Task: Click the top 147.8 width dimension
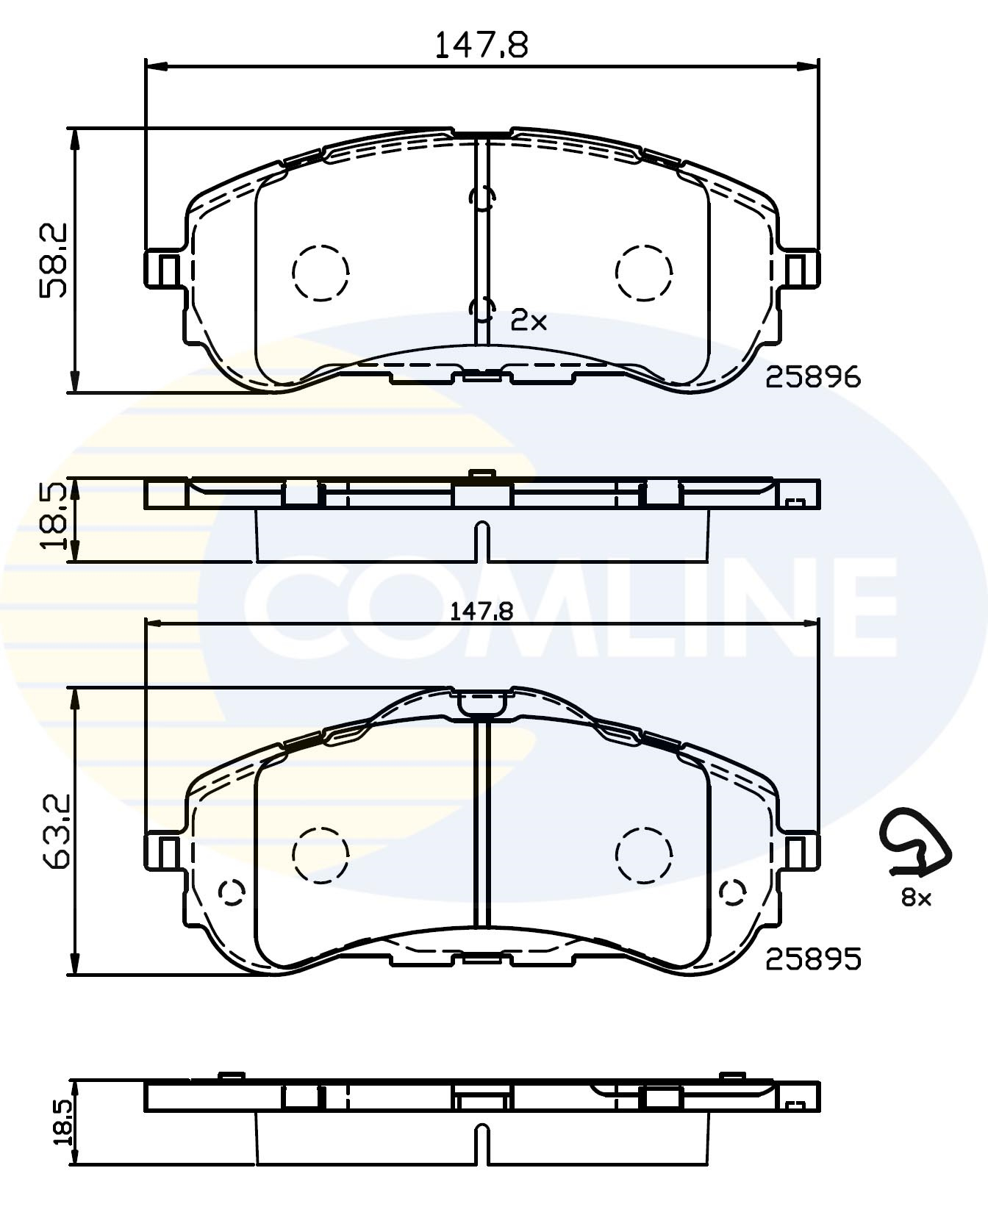coord(482,46)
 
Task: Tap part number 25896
coord(812,378)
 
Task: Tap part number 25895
coord(812,959)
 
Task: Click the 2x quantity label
coord(529,320)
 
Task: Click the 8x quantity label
coord(916,897)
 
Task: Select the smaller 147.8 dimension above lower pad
coord(482,612)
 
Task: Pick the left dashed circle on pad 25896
coord(321,273)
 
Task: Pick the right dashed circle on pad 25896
coord(644,273)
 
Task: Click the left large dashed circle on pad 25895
coord(321,854)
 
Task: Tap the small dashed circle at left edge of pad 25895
coord(232,892)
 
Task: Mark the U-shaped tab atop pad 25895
coord(482,702)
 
